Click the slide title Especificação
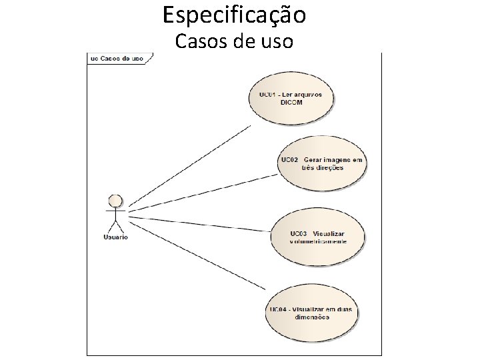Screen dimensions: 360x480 coord(234,15)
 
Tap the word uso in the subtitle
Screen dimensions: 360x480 coord(275,42)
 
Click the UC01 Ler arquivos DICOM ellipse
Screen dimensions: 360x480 coord(291,99)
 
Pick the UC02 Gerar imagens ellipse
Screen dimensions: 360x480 coord(322,164)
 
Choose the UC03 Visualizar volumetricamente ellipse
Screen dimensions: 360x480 coord(318,237)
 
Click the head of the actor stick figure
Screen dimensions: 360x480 coord(115,200)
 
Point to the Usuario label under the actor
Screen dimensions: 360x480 coord(115,237)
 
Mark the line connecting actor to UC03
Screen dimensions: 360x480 coord(200,224)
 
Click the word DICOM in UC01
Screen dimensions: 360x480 coord(291,103)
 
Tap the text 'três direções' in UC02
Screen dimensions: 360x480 coord(322,168)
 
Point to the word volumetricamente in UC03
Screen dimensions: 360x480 coord(319,241)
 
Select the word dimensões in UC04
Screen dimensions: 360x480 coord(311,317)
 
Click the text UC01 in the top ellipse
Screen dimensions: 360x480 coord(267,95)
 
